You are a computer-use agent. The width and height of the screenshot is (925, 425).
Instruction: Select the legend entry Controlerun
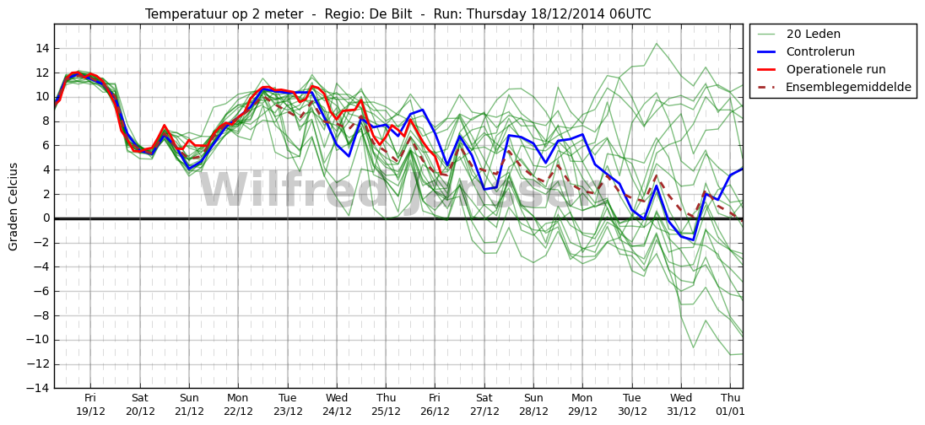(820, 51)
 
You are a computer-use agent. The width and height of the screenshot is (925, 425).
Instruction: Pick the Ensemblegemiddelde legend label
(849, 87)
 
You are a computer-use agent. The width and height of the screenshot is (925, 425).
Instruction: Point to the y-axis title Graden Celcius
(14, 207)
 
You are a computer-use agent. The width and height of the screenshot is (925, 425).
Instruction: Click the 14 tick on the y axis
(42, 48)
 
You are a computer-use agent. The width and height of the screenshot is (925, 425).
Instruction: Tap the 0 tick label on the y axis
(46, 218)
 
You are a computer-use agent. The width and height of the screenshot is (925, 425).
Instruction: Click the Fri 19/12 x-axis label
(90, 405)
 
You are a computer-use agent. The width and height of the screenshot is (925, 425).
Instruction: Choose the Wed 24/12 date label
(337, 405)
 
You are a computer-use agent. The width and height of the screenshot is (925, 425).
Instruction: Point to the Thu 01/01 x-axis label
(730, 405)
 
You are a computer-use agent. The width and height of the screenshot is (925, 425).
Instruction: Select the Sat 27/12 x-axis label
(484, 405)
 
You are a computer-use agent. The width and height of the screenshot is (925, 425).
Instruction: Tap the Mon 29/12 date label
(582, 405)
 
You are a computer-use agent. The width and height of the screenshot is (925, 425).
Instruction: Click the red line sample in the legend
(765, 69)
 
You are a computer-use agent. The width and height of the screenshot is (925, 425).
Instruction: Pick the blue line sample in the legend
(765, 51)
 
